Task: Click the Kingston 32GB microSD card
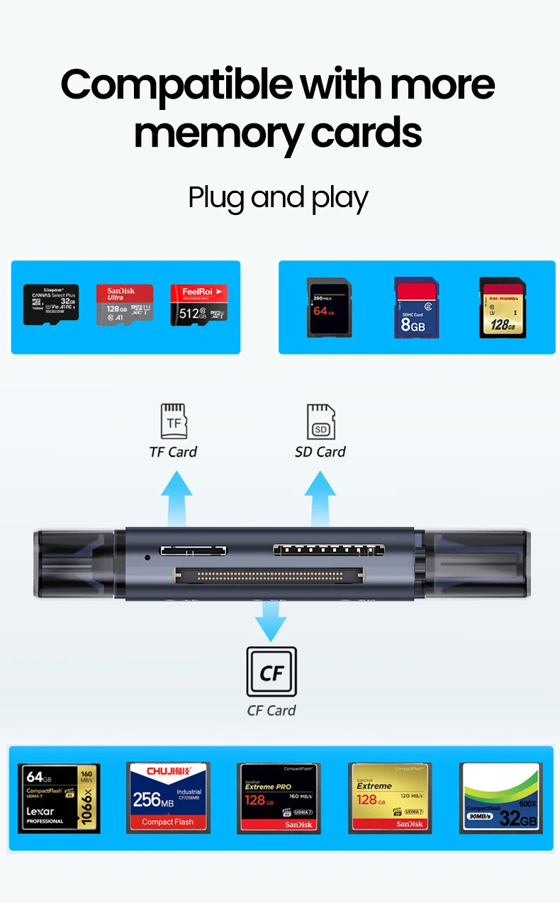tap(51, 304)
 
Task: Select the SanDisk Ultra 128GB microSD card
tap(125, 305)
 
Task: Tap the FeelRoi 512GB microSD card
tap(198, 305)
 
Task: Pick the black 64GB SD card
tap(328, 307)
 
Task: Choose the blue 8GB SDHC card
tap(416, 307)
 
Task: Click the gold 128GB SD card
tap(503, 307)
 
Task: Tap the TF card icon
tap(174, 421)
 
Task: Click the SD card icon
tap(320, 421)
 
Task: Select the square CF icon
tap(271, 672)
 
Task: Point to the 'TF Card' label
tap(173, 452)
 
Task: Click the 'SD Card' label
tap(320, 452)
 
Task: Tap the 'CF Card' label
tap(271, 710)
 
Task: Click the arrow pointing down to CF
tap(271, 620)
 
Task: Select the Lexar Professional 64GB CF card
tap(59, 798)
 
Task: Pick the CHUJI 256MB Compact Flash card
tap(168, 797)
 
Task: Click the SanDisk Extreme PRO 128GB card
tap(279, 797)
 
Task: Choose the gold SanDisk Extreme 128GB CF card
tap(390, 797)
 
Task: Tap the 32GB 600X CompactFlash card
tap(501, 797)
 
